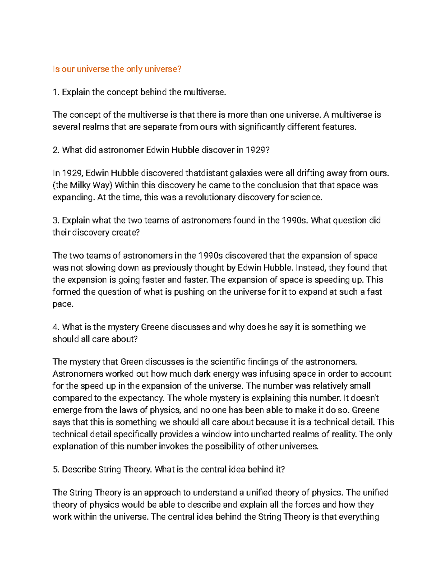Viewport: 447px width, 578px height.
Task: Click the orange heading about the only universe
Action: tap(117, 69)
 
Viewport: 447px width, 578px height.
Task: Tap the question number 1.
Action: tap(56, 92)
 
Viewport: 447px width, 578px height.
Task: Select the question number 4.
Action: tap(56, 327)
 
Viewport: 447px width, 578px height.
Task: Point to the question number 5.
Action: tap(56, 469)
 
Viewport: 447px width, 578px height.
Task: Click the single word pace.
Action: tap(63, 304)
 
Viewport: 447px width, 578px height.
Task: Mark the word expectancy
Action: tap(144, 398)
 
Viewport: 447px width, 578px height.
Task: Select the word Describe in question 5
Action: tap(79, 469)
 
